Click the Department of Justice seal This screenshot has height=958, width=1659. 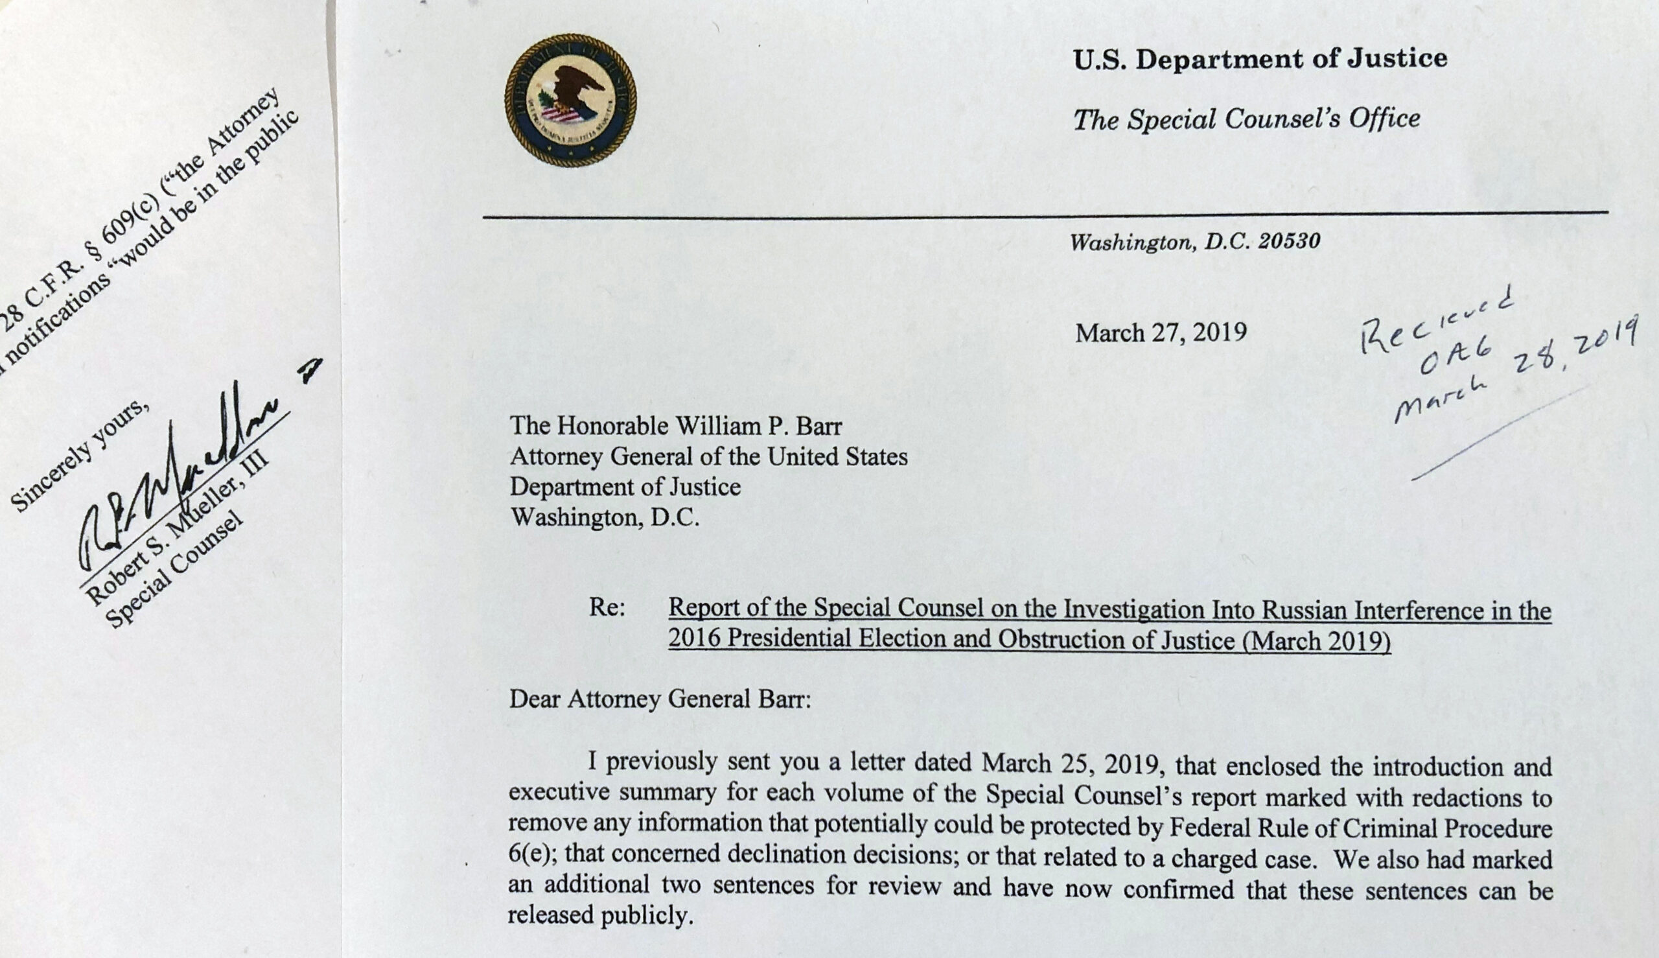[570, 100]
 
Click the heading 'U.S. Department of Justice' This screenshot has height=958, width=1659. [1260, 59]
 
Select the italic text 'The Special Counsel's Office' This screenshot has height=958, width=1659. [1247, 119]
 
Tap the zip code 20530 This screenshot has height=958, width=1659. [1289, 242]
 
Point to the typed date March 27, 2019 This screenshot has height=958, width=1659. [1161, 333]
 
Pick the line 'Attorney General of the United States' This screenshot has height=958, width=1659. [708, 456]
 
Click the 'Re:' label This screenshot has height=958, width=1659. [607, 608]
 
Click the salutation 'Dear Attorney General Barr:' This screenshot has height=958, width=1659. [660, 699]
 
